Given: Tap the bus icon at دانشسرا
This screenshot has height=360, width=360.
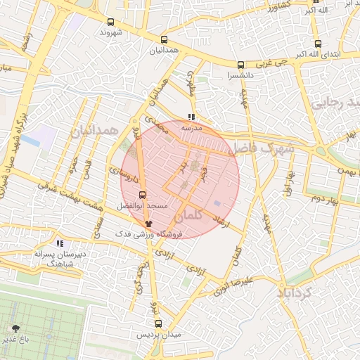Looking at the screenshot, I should (x=241, y=64).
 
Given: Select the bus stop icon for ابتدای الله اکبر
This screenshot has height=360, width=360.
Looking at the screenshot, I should (x=317, y=43).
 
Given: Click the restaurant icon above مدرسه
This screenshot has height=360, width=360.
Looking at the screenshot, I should (x=191, y=118).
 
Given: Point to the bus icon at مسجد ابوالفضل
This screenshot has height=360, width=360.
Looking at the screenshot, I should (x=143, y=195).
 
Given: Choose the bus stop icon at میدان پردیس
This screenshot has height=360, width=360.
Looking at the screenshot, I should (x=157, y=324).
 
